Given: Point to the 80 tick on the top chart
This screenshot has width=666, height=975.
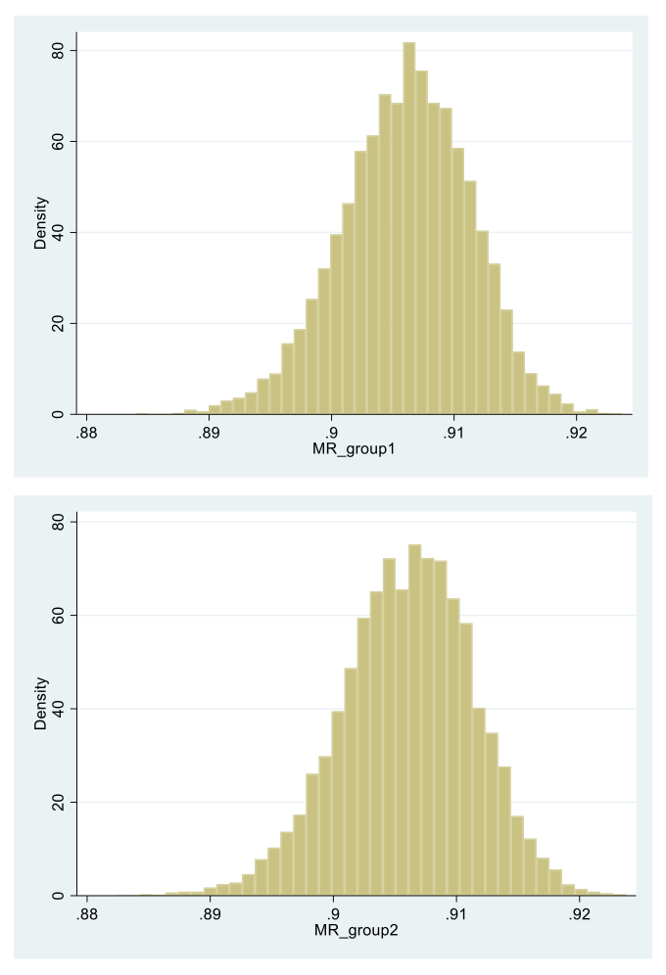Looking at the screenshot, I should click(59, 50).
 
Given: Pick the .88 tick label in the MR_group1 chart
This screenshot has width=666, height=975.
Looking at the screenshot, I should click(85, 433).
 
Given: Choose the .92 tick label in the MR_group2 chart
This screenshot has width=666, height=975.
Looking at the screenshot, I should click(579, 913).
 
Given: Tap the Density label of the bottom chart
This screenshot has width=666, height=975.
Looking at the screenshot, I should click(40, 706).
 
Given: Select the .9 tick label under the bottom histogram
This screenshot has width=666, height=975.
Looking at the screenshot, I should click(334, 913).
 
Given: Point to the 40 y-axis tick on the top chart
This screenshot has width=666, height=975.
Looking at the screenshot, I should click(59, 232).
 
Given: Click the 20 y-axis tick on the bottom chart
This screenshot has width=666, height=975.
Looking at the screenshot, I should click(59, 802).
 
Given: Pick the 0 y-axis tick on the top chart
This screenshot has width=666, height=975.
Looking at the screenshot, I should click(59, 414).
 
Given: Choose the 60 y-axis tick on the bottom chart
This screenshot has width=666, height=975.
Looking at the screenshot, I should click(59, 616).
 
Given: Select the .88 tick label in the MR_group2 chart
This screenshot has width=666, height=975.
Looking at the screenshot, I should click(86, 913).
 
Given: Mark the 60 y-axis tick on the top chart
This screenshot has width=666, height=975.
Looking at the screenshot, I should click(59, 141).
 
